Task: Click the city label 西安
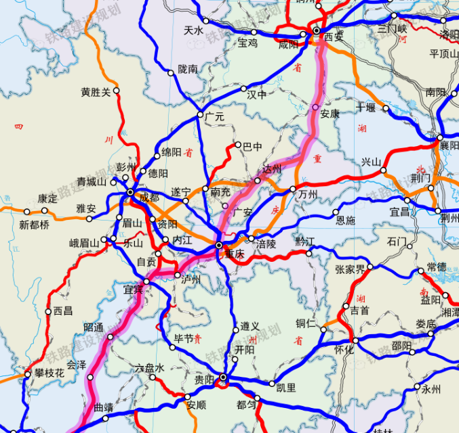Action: click(x=334, y=37)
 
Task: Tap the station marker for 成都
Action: click(x=131, y=193)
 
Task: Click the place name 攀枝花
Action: click(x=51, y=373)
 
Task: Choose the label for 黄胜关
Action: click(x=96, y=93)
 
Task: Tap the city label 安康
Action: click(x=330, y=114)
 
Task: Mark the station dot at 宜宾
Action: click(x=146, y=282)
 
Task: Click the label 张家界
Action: click(x=351, y=269)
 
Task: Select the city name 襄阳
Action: click(x=449, y=145)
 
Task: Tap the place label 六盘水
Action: click(x=150, y=368)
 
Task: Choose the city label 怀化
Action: click(x=344, y=350)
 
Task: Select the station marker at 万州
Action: click(x=293, y=189)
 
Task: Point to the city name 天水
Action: click(x=194, y=30)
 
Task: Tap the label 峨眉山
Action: click(x=85, y=242)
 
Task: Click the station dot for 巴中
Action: click(x=238, y=145)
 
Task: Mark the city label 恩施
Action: click(x=345, y=220)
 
